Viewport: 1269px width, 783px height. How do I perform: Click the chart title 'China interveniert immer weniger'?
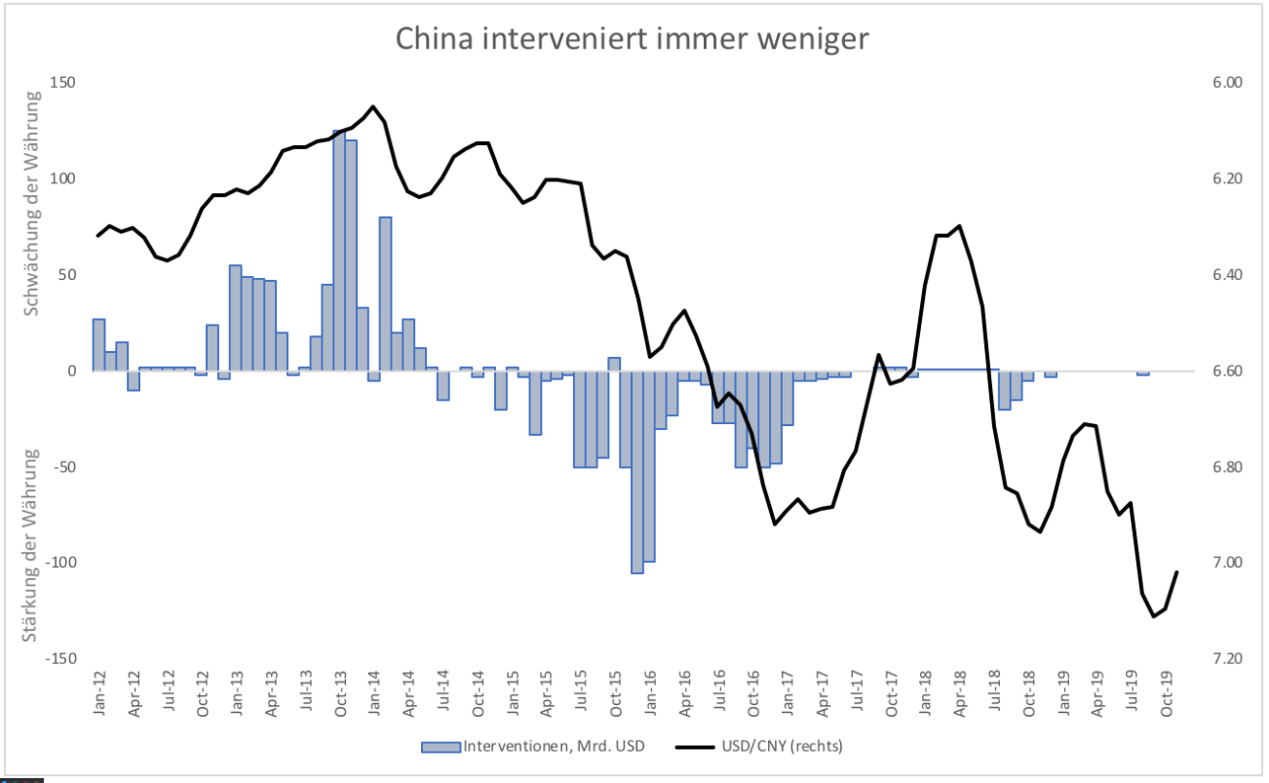[x=632, y=39]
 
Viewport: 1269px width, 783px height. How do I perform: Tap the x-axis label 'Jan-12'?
[x=99, y=694]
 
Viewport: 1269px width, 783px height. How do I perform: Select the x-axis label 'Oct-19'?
[x=1167, y=694]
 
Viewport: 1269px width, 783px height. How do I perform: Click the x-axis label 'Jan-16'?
[x=650, y=694]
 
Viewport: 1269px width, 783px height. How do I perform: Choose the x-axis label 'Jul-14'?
[x=443, y=694]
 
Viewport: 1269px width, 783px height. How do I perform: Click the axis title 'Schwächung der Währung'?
[x=33, y=203]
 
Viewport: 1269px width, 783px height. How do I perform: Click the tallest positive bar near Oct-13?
[x=339, y=250]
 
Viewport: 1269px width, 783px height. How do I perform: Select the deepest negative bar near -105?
[x=637, y=472]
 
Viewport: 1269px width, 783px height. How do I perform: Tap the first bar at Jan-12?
[x=98, y=344]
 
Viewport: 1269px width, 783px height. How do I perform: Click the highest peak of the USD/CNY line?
[x=373, y=106]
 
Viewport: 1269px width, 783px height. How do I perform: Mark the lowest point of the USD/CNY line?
[x=1154, y=616]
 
